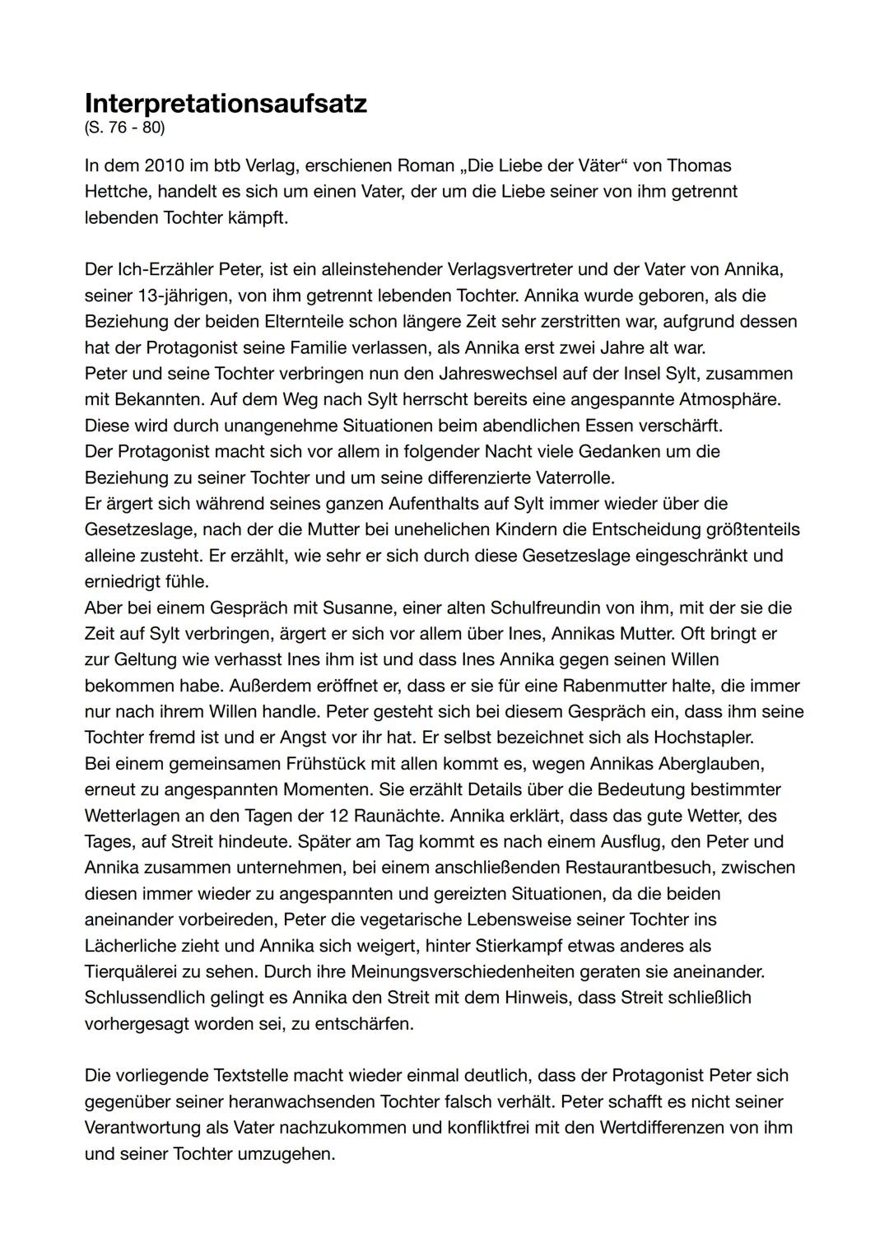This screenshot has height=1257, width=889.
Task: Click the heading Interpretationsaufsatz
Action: pyautogui.click(x=226, y=105)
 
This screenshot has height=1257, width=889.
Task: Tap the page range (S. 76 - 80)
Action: pyautogui.click(x=124, y=128)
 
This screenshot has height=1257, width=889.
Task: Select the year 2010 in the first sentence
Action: pyautogui.click(x=165, y=165)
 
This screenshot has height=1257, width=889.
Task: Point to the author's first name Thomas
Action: pyautogui.click(x=699, y=165)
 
